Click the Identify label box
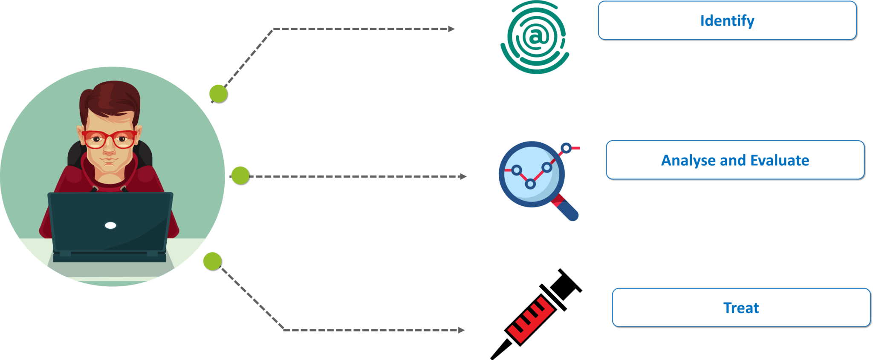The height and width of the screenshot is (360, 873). (727, 20)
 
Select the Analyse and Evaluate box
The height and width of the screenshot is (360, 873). (735, 160)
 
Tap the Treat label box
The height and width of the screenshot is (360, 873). (741, 308)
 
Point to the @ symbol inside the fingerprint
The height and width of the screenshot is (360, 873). (535, 37)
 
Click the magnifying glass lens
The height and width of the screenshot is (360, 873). (531, 175)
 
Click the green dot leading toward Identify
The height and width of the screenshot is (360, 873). (219, 94)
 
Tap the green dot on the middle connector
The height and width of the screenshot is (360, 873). (240, 176)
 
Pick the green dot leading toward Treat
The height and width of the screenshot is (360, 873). (212, 261)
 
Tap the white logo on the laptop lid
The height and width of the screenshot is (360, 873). (110, 225)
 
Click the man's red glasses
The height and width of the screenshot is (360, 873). (109, 139)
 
